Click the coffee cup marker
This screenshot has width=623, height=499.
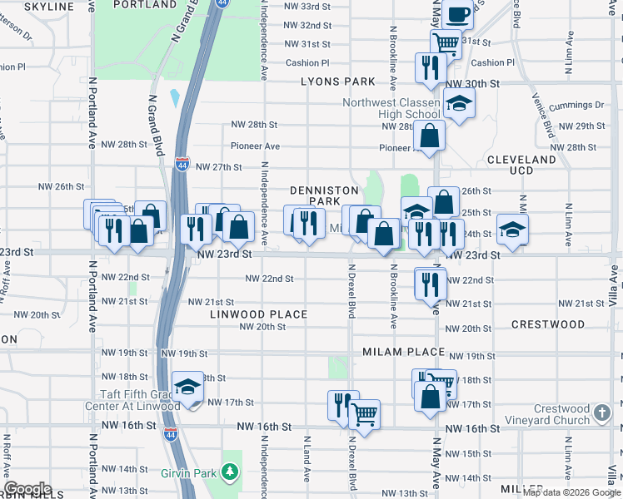coord(457,14)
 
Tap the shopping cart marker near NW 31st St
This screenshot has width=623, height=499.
coord(446,42)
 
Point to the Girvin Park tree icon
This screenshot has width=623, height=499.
coord(229,472)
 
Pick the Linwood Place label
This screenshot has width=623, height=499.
coord(258,314)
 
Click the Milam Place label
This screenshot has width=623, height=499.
coord(404,352)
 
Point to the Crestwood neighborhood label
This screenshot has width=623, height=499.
coord(548,324)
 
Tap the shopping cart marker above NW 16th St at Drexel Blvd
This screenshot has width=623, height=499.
coord(364,413)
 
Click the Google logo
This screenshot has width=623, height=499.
coord(27,489)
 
